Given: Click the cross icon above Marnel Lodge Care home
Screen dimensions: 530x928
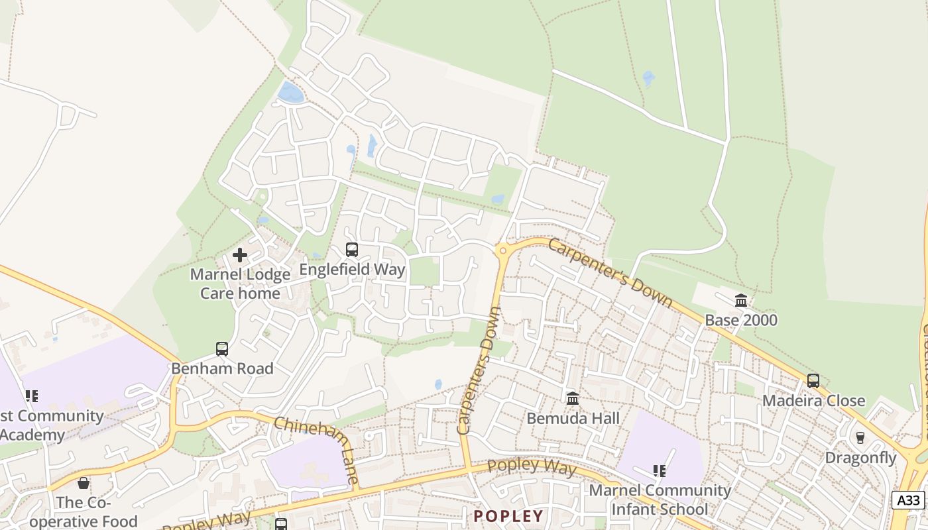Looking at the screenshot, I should coord(240,255).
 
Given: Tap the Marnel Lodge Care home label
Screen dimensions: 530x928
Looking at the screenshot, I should coord(240,284).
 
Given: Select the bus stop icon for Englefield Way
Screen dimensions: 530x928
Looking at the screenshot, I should coord(352,250).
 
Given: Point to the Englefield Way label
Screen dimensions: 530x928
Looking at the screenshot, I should coord(352,270).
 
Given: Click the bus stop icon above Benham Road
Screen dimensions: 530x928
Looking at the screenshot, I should coord(222,348).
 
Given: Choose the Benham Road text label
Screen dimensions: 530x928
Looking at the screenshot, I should coord(222,368).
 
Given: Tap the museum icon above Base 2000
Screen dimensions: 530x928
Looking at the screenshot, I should coord(741,301).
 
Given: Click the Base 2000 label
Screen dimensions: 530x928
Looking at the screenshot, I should coord(741,320).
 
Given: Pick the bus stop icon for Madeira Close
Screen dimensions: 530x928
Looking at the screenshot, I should coord(813,381).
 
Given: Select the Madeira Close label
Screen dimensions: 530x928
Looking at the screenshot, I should coord(813,401).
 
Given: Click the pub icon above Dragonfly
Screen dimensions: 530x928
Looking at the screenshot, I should coord(860,438).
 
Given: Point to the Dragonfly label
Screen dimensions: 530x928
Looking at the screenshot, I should coord(860,457).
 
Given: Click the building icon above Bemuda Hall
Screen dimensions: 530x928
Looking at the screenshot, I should coord(573,399).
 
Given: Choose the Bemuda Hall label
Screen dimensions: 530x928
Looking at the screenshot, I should coord(573,418).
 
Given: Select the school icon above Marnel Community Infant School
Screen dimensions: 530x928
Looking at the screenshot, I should coord(659,471).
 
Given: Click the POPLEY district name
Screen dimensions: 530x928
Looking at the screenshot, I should coord(508,516).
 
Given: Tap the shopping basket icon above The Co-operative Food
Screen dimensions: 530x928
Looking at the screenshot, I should coord(84,483).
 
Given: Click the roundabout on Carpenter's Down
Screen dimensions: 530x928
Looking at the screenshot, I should coord(502,250).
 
